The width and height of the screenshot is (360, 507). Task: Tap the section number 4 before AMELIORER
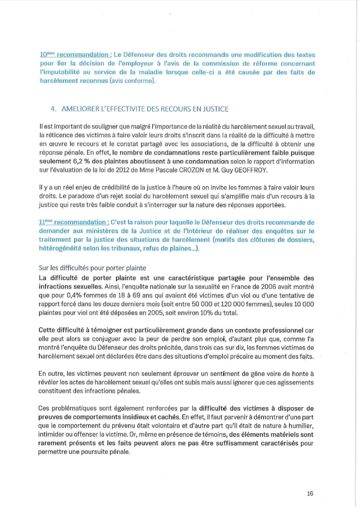tap(54, 109)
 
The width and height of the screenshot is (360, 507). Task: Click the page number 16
tap(310, 493)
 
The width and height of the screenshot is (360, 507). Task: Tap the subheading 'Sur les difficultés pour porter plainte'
tap(92, 268)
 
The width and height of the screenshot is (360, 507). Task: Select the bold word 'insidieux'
tap(161, 416)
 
